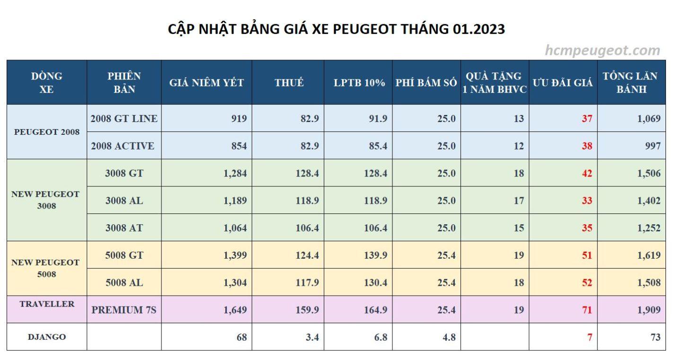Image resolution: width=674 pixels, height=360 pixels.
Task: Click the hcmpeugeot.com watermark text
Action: [x=602, y=50]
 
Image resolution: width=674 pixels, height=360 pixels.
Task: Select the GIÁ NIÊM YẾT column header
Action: [x=206, y=82]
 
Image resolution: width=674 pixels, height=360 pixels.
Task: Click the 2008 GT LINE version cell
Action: [x=124, y=118]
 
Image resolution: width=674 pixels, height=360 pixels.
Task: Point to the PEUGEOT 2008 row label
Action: [x=47, y=132]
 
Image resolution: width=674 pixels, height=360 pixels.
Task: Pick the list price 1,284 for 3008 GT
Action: [x=235, y=173]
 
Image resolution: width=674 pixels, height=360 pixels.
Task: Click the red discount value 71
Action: [x=587, y=310]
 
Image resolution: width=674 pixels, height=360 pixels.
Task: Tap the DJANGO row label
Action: [x=47, y=337]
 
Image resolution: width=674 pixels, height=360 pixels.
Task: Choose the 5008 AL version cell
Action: [x=124, y=282]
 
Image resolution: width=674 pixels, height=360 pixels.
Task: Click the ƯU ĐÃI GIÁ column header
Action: [x=563, y=82]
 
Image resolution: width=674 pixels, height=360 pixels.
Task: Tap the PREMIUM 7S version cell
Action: [x=124, y=310]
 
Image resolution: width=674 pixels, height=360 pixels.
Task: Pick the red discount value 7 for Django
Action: [x=590, y=337]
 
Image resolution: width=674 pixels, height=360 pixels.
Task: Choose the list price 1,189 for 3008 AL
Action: [x=235, y=201]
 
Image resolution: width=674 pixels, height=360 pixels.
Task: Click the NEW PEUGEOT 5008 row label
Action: [x=47, y=268]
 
